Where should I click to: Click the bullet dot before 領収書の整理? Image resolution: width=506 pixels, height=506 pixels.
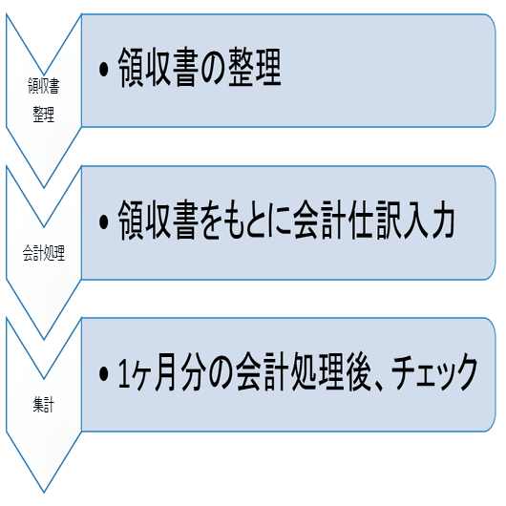tap(104, 70)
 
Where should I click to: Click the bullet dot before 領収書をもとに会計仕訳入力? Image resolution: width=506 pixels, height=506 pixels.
tap(104, 221)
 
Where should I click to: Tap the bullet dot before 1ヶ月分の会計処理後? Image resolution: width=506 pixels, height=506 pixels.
tap(104, 373)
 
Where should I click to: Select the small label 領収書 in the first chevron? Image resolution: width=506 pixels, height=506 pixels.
tap(44, 86)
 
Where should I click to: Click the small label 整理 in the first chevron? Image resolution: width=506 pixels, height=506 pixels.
tap(44, 114)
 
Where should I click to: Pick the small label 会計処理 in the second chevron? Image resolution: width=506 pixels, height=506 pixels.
tap(44, 253)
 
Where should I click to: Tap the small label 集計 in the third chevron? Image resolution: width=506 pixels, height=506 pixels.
tap(44, 405)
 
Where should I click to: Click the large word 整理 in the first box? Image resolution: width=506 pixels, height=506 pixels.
tap(255, 68)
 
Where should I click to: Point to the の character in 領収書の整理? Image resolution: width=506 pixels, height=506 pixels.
tap(213, 69)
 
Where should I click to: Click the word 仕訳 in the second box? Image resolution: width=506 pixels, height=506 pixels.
tap(374, 220)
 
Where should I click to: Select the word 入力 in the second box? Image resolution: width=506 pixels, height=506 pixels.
tap(429, 220)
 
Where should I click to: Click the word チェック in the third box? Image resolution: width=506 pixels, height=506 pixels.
tap(434, 372)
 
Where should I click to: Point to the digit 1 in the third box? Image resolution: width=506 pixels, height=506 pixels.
tap(124, 373)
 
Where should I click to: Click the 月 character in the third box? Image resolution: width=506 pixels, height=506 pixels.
tap(167, 372)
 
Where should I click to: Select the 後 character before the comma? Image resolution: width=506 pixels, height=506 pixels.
tap(358, 371)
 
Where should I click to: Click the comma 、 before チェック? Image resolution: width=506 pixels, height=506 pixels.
tap(378, 386)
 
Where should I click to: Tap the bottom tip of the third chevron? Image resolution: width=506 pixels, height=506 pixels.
tap(44, 493)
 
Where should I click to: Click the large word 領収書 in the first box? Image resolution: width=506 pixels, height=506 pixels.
tap(158, 68)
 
